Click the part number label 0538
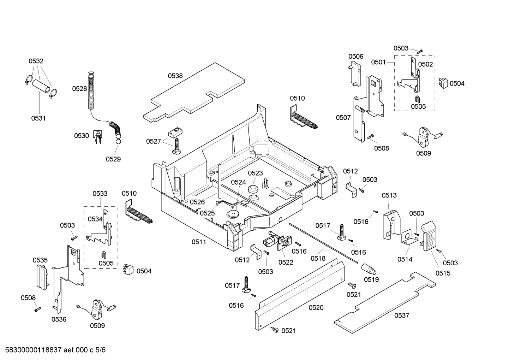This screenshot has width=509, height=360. pos(175,76)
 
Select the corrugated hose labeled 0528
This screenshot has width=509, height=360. pos(91,90)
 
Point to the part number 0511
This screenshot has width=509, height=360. pos(199,242)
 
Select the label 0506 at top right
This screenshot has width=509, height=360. pos(356,57)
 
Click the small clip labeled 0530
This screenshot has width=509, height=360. pos(97,136)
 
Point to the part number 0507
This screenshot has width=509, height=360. pos(343,118)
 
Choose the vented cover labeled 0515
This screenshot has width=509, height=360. pos(431,235)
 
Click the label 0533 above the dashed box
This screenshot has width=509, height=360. pos(100,194)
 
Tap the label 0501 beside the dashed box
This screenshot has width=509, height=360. pos(378,62)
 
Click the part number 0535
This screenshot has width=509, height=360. pos(40,260)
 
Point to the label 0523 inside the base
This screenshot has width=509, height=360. pos(255,173)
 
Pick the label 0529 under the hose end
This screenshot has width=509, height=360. pos(113,159)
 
